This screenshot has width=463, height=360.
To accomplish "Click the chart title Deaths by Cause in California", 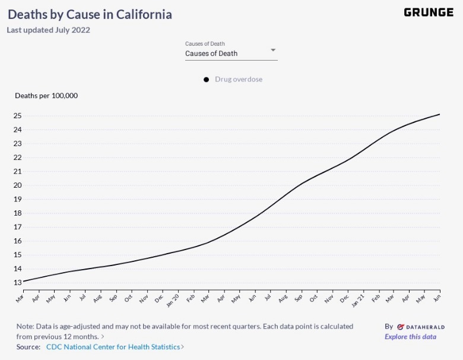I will pos(90,14).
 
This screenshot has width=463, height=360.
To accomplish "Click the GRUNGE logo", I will pos(428,12).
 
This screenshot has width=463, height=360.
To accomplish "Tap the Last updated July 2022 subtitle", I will pos(48,30).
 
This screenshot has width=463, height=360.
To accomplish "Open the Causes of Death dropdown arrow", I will pos(273,50).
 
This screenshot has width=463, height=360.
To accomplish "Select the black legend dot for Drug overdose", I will pos(207,80).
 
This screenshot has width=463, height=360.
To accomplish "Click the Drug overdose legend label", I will pos(239,80).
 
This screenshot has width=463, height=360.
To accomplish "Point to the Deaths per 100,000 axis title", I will pos(46,96).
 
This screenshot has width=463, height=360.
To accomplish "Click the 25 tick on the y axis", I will pos(18,116).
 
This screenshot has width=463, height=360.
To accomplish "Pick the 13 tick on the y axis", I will pos(18,283).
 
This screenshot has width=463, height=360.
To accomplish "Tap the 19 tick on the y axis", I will pos(18,199).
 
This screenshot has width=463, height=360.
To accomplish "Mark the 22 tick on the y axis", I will pos(18,157).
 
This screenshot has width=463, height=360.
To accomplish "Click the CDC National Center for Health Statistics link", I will pos(113,346).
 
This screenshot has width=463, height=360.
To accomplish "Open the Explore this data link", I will pos(410,337).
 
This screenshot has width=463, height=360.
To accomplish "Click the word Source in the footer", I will pos(28,346).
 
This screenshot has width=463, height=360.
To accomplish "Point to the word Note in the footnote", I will pos(26,326).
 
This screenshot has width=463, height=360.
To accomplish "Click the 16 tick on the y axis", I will pos(18,241).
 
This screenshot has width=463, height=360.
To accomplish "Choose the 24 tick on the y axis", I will pos(18,130).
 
